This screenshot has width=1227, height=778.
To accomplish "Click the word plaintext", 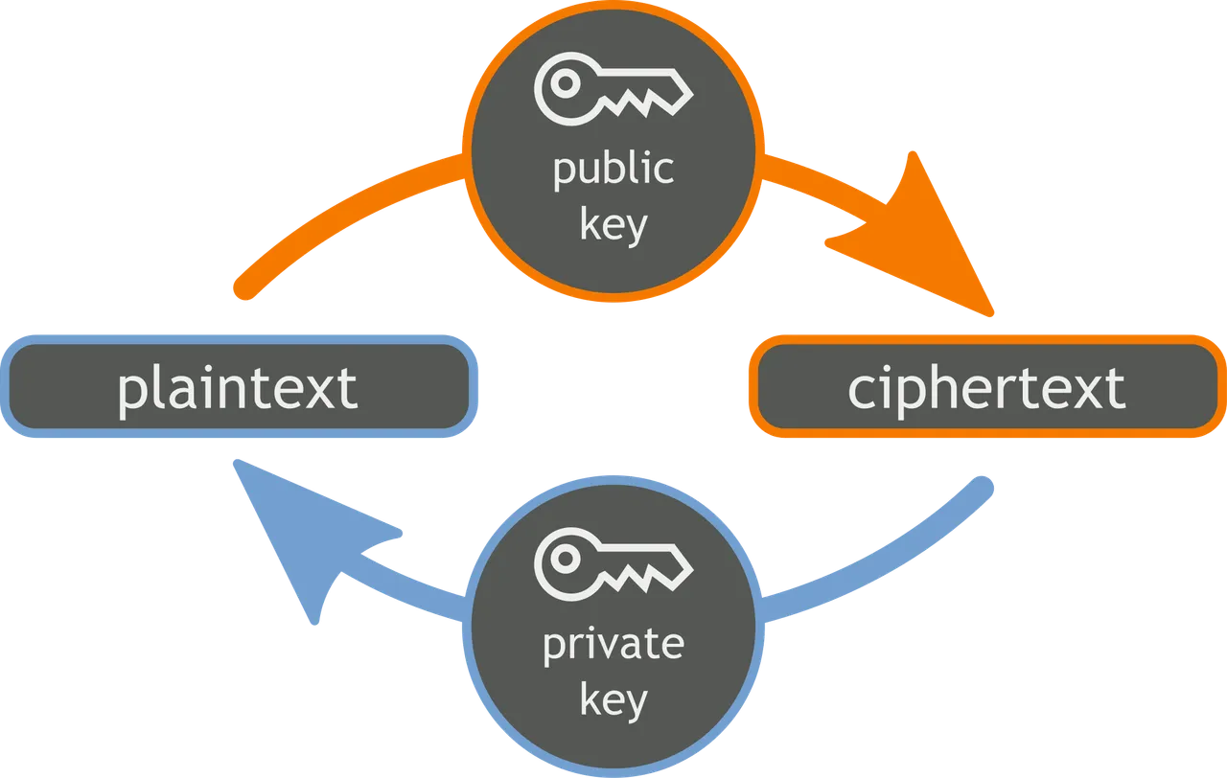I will coord(237,387).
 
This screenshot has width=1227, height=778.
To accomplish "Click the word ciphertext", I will coord(986,387).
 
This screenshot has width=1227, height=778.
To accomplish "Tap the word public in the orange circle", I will coord(613,170).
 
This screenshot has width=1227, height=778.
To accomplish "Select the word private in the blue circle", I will coord(613,644).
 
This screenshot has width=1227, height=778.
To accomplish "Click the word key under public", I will coord(613,226).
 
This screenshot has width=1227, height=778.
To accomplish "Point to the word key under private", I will coord(613,700).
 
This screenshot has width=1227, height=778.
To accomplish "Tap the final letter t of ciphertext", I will coord(1115,388).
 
